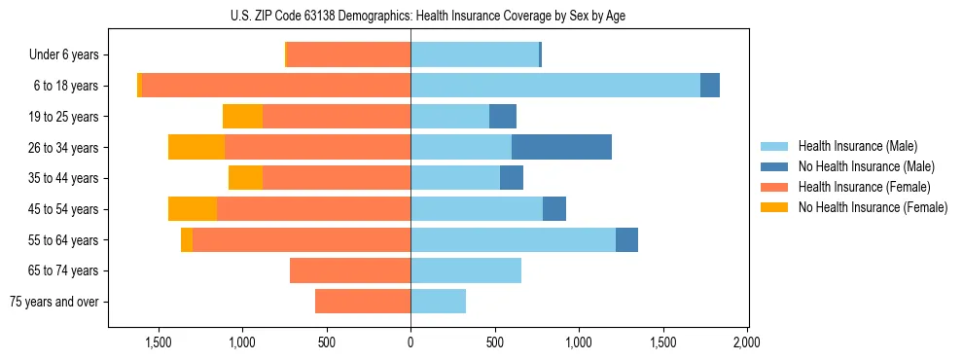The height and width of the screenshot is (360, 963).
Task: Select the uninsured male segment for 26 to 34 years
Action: pos(561,147)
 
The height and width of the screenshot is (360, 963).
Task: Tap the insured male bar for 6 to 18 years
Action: pos(554,86)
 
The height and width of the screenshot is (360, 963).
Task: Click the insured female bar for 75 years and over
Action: pos(363,302)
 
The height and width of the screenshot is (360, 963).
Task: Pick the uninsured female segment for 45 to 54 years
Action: pos(193,209)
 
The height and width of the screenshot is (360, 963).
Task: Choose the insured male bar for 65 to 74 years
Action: pos(466,270)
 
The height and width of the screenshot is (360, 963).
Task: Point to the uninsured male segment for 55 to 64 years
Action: pos(626,239)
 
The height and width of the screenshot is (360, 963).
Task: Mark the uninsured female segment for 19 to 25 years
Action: pos(242,117)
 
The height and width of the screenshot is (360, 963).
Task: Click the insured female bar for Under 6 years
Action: pos(349,54)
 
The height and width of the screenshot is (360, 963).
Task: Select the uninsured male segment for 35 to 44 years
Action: pos(512,178)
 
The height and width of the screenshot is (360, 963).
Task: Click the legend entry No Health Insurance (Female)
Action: pos(873,207)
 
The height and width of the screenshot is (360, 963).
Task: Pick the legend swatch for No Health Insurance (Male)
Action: pos(775,166)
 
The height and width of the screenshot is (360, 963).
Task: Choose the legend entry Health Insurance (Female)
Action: pos(864,187)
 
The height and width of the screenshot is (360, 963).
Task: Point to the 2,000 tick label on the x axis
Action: pos(747,342)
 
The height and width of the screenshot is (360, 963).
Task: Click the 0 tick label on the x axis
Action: pos(410,342)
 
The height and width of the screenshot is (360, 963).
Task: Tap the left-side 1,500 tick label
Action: pos(158,342)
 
